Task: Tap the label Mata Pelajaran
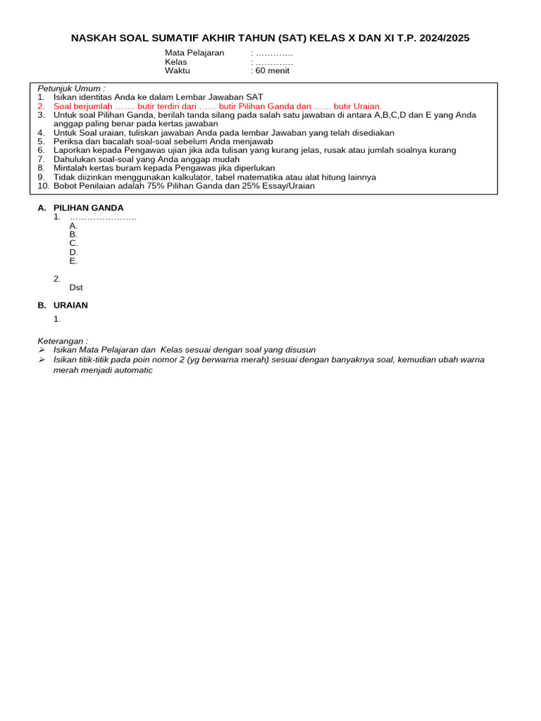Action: [194, 53]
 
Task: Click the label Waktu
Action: [178, 70]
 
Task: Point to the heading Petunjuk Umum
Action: [70, 88]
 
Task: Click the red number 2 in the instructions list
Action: [41, 106]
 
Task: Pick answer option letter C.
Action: [73, 243]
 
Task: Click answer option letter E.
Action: [73, 261]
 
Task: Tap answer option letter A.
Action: [73, 225]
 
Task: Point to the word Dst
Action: [76, 287]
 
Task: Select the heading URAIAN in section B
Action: [70, 306]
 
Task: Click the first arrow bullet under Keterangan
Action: [42, 350]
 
